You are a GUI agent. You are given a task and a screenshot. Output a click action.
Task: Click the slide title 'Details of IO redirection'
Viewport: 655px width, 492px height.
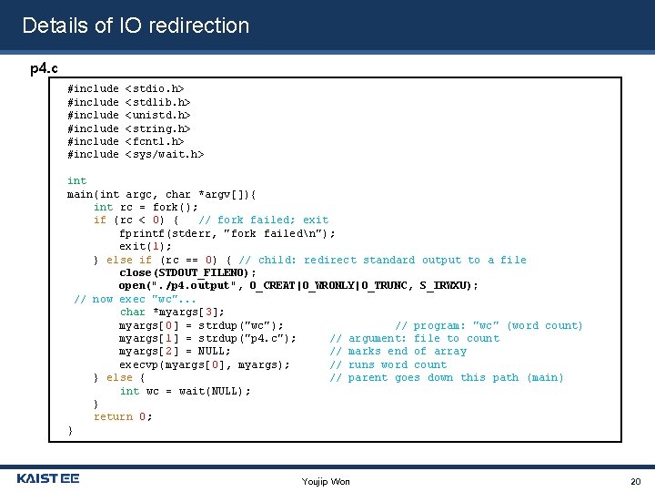[x=136, y=26]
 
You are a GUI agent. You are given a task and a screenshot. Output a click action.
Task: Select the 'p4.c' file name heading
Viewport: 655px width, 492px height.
[x=44, y=68]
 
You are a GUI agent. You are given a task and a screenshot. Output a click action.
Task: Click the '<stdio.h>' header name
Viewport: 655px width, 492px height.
[x=155, y=89]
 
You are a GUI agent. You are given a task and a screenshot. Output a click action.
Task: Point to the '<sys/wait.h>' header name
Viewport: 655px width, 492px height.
[x=165, y=155]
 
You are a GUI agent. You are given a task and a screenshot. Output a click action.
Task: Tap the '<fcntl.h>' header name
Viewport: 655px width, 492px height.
[x=155, y=141]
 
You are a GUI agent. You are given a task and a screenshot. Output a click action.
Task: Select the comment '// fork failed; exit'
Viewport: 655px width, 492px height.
[x=264, y=220]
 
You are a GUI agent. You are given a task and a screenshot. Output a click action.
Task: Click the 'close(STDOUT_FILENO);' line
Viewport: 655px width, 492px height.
[x=188, y=272]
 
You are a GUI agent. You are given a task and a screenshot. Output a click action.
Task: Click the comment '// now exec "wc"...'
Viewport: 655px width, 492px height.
[x=136, y=299]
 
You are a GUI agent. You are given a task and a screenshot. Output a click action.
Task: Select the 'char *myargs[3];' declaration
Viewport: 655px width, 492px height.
[x=172, y=313]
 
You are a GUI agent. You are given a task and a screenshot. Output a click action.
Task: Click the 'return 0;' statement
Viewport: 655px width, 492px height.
[x=123, y=417]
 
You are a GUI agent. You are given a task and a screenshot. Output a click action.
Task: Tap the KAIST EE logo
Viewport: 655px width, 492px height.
[x=48, y=478]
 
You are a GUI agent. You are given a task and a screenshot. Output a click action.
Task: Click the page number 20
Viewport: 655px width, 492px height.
[x=636, y=480]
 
